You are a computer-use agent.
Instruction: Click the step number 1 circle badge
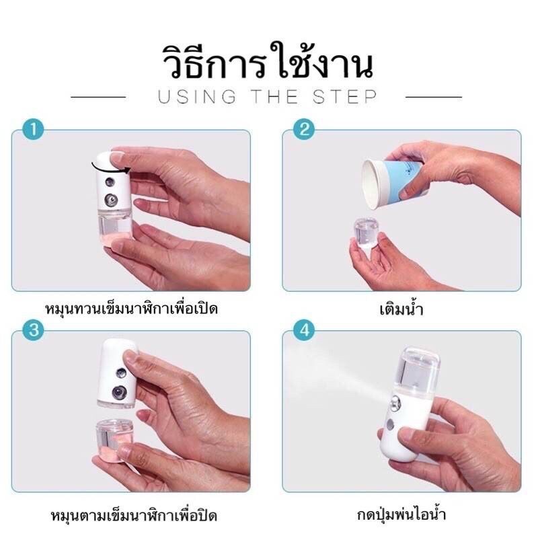tap(33, 129)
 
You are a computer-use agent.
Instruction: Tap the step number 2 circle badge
tap(304, 129)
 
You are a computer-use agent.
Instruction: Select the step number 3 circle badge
tap(33, 330)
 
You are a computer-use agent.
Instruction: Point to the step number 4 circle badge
tap(304, 330)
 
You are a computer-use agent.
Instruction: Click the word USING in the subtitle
tap(197, 97)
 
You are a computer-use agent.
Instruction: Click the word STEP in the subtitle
tap(344, 97)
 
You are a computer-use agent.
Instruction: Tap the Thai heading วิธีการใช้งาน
tap(268, 62)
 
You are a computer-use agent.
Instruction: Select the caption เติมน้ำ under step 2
tap(401, 309)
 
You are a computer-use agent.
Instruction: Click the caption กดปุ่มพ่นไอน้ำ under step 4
tap(401, 514)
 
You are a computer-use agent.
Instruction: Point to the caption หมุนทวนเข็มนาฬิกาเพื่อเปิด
tap(131, 309)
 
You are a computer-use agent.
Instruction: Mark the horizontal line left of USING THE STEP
tap(98, 97)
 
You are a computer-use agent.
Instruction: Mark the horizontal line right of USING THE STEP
tap(434, 97)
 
